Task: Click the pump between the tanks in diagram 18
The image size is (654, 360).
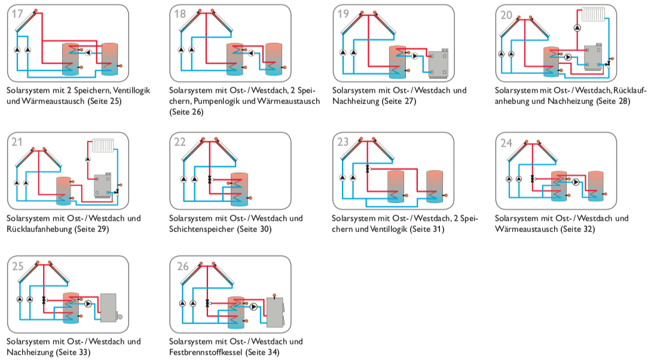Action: tap(251, 53)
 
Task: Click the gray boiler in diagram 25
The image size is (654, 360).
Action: tap(108, 308)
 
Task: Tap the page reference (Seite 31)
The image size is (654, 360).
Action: tap(423, 229)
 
